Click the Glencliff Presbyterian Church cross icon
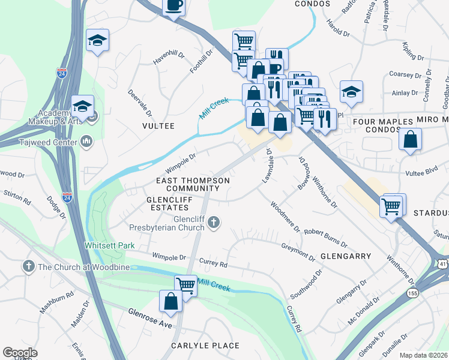pos(212,224)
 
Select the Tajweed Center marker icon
pos(86,142)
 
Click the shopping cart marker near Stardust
pos(391,206)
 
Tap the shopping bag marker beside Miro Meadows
pos(409,140)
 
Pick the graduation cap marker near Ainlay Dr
pos(351,92)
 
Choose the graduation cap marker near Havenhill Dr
pos(97,40)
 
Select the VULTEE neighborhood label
pos(158,126)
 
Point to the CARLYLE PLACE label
pos(205,346)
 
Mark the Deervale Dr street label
pos(140,103)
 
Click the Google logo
pos(20,353)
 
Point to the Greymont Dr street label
pos(298,251)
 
